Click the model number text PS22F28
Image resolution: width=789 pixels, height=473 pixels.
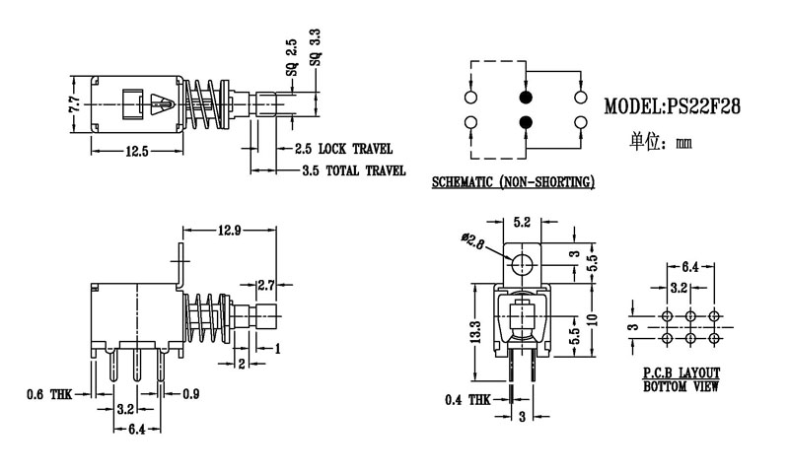pos(701,105)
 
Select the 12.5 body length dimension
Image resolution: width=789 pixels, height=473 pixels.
pos(136,151)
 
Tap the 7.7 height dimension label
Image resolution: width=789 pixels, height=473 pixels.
pos(74,103)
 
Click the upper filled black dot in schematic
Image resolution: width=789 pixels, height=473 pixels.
pos(525,99)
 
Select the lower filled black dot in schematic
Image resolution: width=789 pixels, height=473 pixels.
pos(525,122)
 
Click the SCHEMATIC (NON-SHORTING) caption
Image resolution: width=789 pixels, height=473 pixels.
pos(513,183)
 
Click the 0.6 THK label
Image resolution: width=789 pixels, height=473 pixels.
pos(48,395)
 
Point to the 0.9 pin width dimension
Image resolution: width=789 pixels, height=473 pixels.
pos(191,395)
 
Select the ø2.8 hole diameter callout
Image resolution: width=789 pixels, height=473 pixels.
pos(473,239)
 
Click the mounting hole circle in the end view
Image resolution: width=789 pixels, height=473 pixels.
pos(523,263)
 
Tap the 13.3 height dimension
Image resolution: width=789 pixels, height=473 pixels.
pos(476,333)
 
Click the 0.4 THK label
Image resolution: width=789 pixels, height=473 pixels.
pos(466,400)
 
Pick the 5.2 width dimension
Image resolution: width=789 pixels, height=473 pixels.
pos(523,223)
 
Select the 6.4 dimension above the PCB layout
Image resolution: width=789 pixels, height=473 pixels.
pos(689,267)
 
